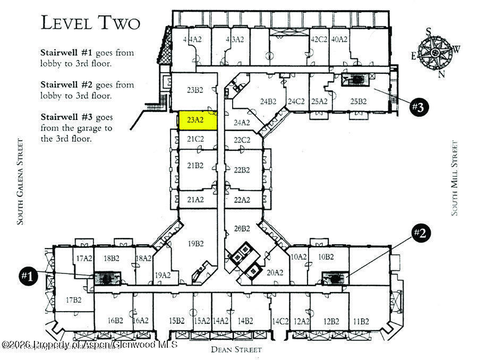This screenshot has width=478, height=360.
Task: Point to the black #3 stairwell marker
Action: point(419,107)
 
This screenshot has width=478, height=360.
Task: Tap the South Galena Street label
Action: point(20,182)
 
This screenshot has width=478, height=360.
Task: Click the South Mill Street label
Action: point(455,178)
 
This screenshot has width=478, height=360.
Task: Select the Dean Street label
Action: point(236,349)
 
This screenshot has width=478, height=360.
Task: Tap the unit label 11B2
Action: point(360,321)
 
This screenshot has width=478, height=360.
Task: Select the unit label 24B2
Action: point(268,101)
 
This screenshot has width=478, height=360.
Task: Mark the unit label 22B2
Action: point(242,170)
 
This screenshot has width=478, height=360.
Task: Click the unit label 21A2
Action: point(195,200)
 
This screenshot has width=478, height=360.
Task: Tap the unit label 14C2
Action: point(280,321)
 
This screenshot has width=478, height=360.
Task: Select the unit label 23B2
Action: point(195,90)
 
